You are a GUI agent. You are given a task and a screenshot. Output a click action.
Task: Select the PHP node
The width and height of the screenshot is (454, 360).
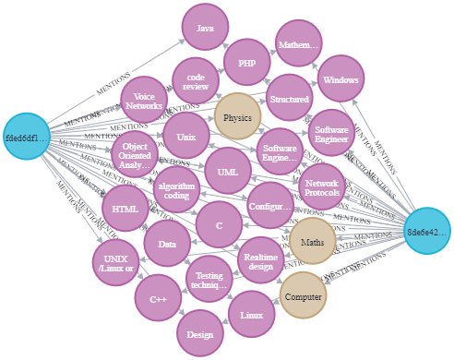246,64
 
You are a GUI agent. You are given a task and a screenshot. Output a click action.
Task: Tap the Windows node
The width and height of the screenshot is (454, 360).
340,80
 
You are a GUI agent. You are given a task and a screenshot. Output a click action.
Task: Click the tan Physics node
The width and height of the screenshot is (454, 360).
237,117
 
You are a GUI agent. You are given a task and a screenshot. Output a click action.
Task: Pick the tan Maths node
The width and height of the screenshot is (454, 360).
313,242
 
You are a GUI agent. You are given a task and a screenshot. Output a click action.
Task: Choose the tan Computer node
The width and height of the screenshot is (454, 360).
304,297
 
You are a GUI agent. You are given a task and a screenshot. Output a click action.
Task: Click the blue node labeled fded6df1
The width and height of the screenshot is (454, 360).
27,138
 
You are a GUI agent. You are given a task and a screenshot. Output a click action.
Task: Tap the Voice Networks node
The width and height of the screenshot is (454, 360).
143,100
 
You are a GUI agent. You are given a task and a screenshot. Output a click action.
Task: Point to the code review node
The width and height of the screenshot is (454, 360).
195,82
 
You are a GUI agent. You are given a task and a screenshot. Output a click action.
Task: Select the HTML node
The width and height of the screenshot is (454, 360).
125,209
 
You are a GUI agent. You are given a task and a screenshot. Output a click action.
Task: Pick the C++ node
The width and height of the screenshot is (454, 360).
157,299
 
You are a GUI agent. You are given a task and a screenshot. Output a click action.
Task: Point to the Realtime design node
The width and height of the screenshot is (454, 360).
263,260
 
